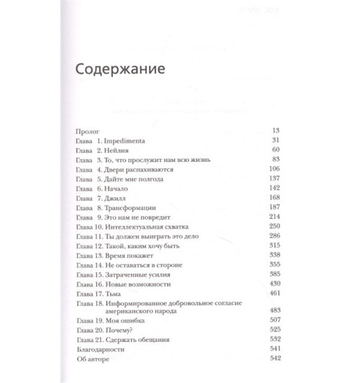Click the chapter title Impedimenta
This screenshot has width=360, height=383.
tap(129, 140)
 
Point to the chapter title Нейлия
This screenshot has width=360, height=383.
tap(122, 150)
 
